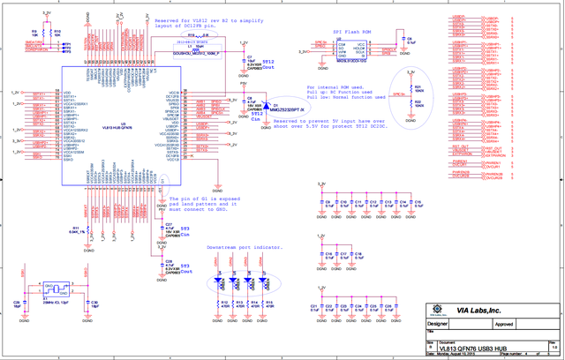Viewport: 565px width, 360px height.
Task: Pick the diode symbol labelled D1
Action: [x=271, y=104]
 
